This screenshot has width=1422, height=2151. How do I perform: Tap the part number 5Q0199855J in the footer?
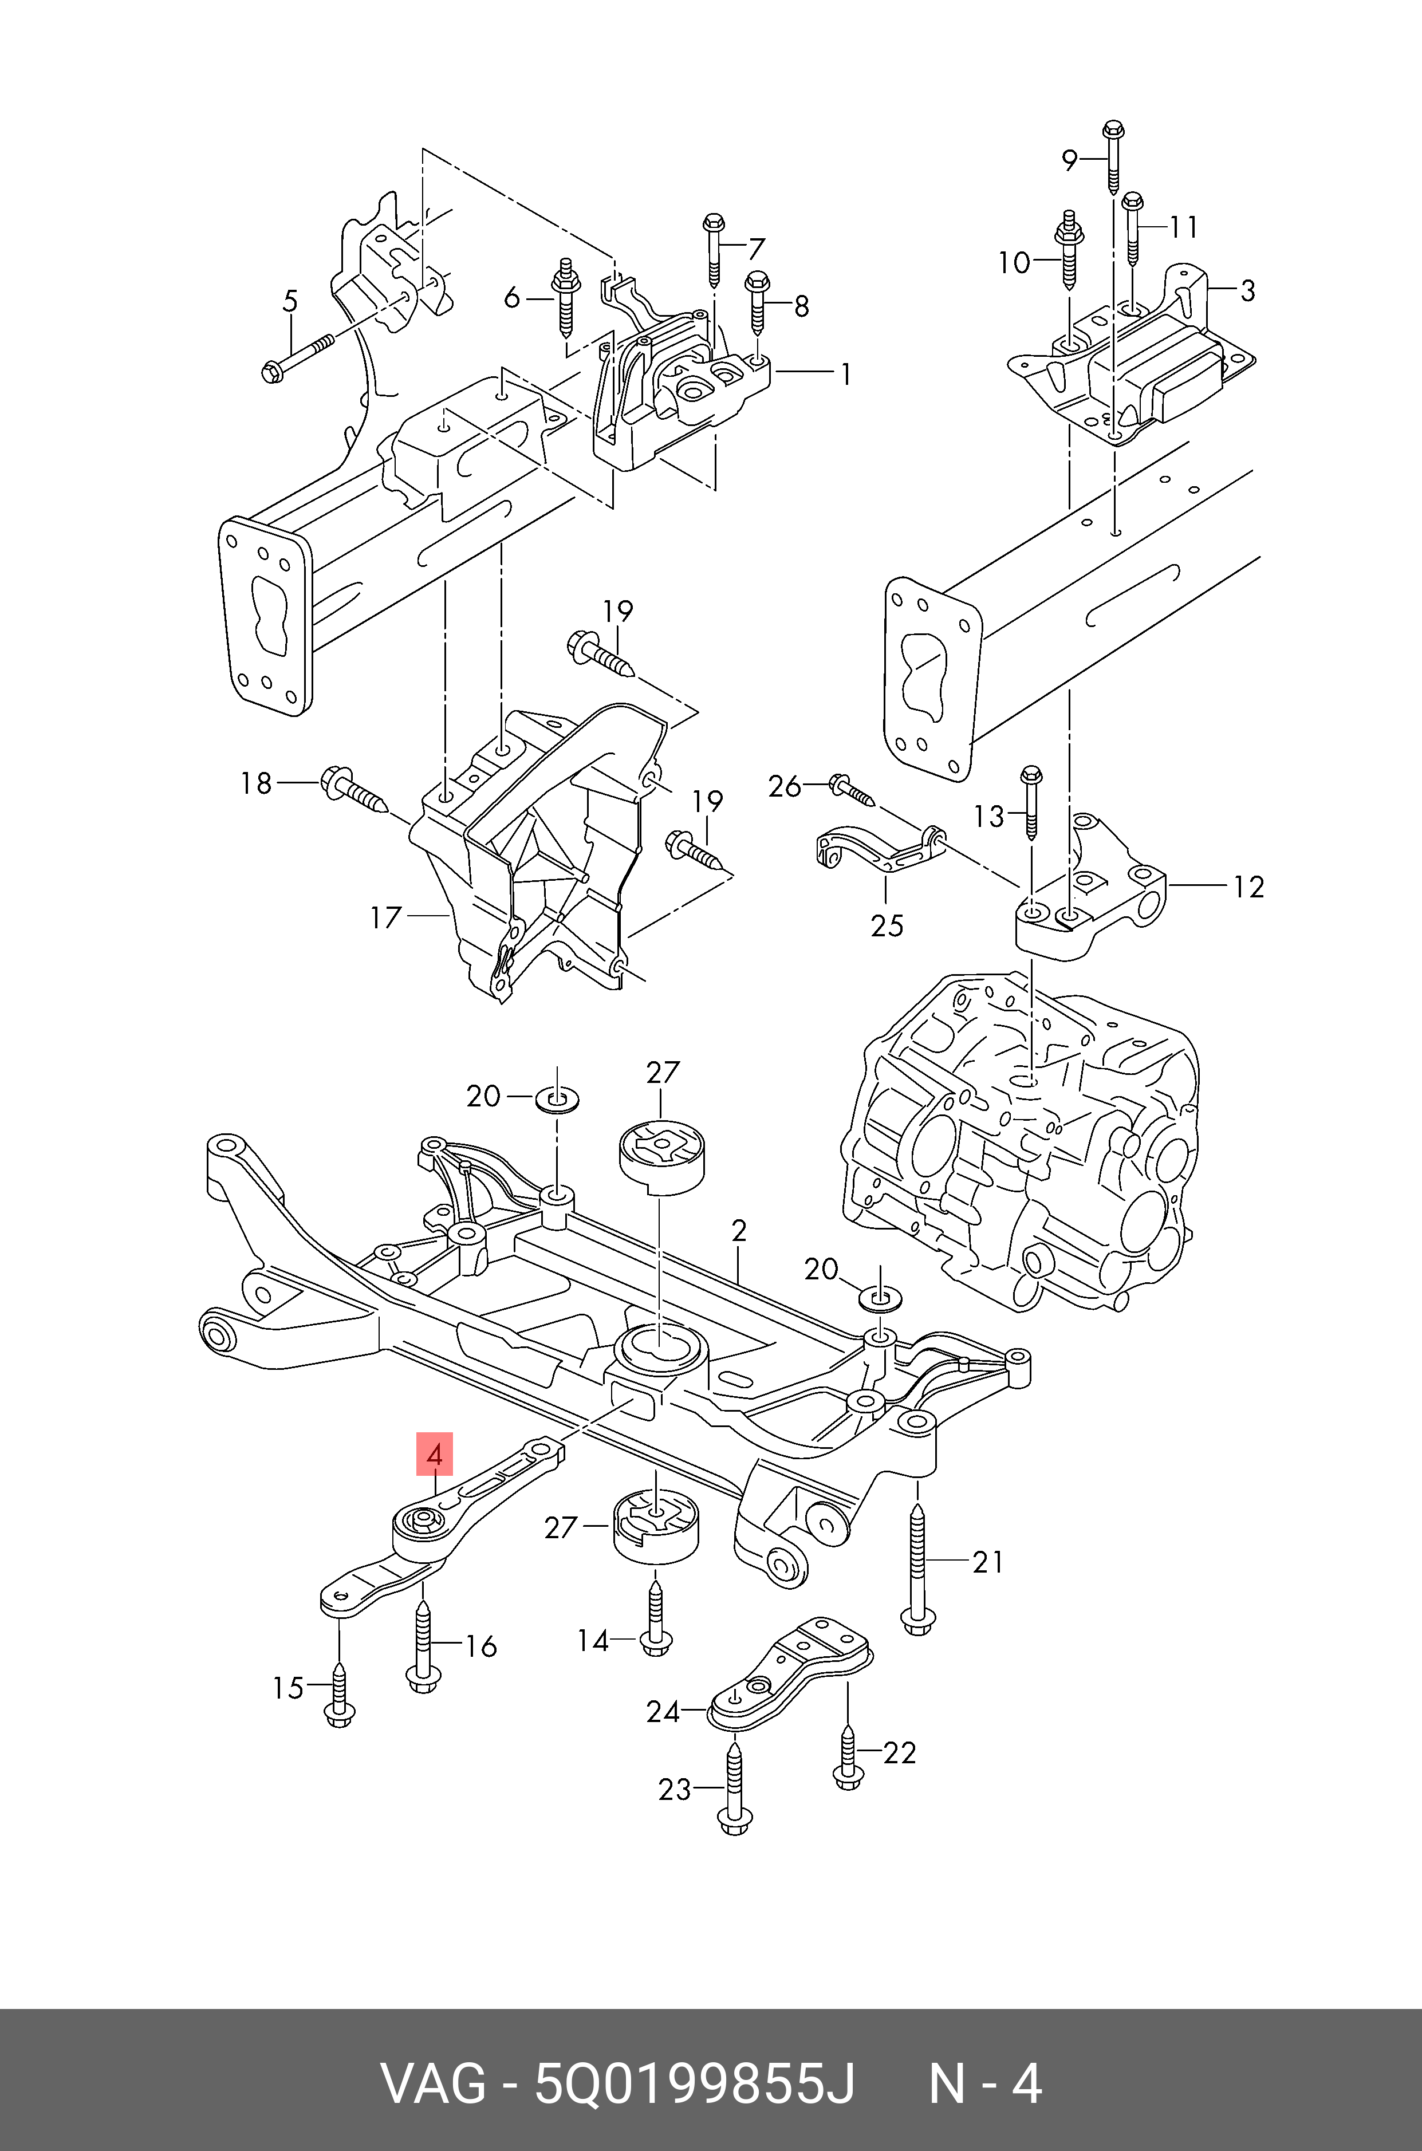click(x=695, y=2084)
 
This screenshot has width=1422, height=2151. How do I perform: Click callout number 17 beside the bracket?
click(x=385, y=917)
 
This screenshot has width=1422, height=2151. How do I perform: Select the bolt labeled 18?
click(x=354, y=790)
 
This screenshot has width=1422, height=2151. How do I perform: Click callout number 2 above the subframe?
click(x=739, y=1231)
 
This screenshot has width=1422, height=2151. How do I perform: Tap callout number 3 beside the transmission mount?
click(x=1248, y=290)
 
